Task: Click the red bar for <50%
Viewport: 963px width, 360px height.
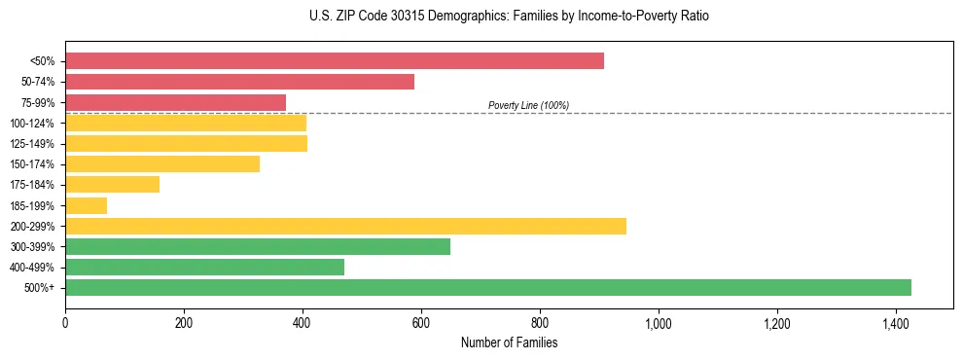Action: (335, 61)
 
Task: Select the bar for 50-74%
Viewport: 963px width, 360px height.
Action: (239, 82)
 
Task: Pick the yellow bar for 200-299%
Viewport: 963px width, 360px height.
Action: (345, 226)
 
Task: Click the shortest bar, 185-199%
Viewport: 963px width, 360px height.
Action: (86, 205)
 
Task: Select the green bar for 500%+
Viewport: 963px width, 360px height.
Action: (487, 287)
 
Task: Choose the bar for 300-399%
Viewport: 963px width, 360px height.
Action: (258, 246)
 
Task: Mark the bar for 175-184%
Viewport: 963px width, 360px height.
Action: (112, 185)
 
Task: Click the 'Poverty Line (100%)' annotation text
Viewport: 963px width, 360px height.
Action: (528, 105)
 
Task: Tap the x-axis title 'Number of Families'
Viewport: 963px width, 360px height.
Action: (509, 342)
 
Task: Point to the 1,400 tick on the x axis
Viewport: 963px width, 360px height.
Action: (896, 322)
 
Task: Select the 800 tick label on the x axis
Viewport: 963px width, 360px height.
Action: (540, 322)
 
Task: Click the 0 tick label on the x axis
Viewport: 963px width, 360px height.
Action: (65, 322)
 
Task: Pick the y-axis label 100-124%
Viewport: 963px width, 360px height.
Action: (32, 124)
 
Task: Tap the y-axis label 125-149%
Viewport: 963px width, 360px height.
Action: (32, 144)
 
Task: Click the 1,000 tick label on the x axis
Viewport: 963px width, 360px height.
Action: (659, 322)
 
